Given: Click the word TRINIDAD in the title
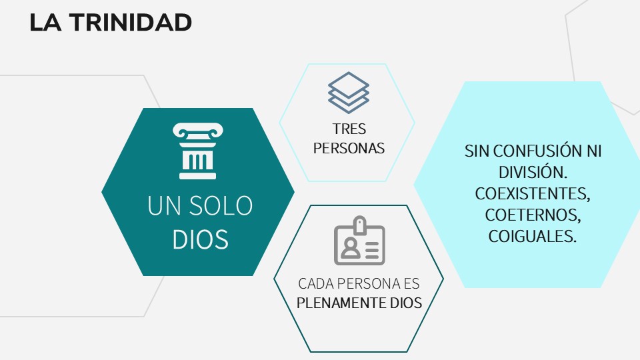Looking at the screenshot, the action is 130,23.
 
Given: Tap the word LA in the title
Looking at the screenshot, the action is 45,23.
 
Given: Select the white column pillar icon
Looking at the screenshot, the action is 197,151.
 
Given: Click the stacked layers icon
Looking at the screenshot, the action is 349,93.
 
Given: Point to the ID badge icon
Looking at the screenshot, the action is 359,241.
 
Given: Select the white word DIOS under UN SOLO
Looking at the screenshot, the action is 200,239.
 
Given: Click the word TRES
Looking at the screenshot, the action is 349,129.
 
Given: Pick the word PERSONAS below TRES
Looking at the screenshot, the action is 349,148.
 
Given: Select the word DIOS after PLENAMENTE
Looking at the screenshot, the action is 406,303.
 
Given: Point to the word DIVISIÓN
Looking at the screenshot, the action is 533,172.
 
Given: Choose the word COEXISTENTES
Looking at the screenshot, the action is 533,193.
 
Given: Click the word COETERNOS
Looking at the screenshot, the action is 533,214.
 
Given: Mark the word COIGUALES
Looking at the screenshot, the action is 533,235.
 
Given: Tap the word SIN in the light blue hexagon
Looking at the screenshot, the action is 477,151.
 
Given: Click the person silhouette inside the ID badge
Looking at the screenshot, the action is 350,248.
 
